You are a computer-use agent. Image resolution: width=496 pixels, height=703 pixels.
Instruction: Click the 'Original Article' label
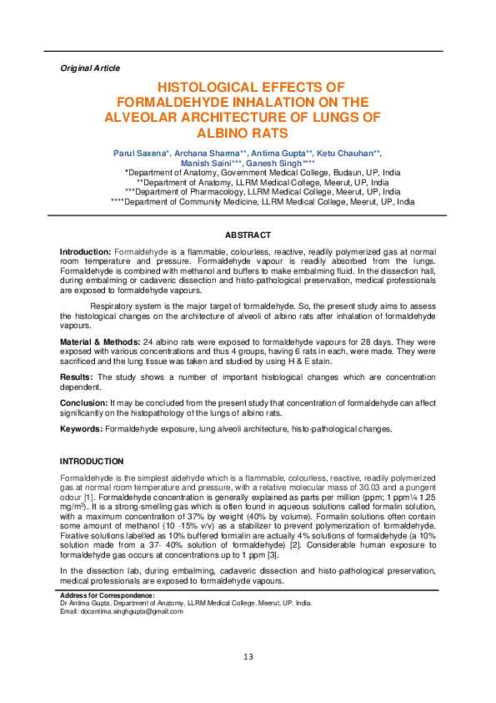pyautogui.click(x=90, y=68)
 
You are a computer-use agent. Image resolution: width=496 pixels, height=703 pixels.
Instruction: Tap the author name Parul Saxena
pyautogui.click(x=141, y=154)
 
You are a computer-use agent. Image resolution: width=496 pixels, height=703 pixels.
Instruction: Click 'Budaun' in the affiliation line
pyautogui.click(x=327, y=173)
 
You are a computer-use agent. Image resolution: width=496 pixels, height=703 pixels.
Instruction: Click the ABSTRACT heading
pyautogui.click(x=248, y=235)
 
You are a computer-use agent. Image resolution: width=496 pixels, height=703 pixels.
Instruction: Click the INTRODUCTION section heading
pyautogui.click(x=92, y=461)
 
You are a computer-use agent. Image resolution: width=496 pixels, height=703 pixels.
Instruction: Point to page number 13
pyautogui.click(x=248, y=657)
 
